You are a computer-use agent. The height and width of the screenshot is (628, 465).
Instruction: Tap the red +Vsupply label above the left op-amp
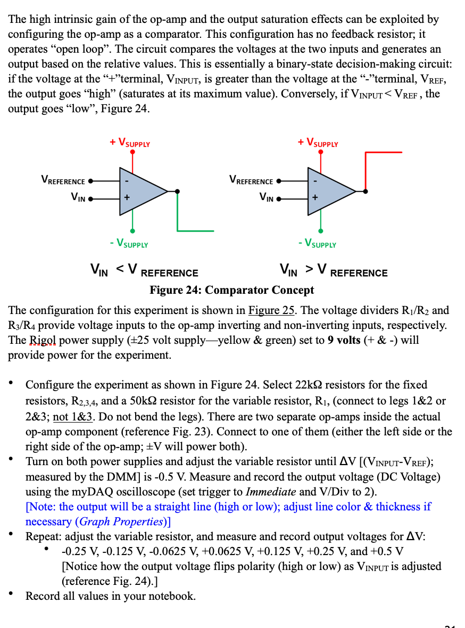tap(130, 143)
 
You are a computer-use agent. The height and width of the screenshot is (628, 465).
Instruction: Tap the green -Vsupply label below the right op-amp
tap(318, 244)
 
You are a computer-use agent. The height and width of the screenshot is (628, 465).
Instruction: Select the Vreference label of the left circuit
tap(63, 181)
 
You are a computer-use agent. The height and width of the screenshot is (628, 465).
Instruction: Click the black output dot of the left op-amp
tap(177, 191)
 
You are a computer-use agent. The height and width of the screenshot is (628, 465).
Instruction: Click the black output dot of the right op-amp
tap(366, 191)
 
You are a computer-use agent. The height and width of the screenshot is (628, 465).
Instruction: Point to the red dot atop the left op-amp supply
tap(132, 152)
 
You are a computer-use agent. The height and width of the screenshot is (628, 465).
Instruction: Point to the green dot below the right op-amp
tap(321, 231)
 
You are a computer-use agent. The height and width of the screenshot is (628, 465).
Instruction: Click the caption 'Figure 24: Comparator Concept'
tap(232, 290)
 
